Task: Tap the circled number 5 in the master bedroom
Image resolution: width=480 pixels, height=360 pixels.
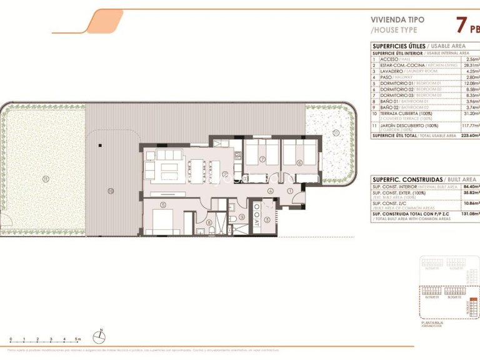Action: [162, 204]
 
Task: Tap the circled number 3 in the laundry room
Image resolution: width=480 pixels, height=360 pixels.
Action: [267, 219]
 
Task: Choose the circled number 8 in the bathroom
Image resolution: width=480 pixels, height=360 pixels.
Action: [209, 222]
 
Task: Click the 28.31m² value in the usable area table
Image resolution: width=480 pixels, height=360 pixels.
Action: [470, 65]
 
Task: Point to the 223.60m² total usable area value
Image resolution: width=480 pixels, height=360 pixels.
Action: [469, 135]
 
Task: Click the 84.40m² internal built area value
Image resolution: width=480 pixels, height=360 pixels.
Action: [470, 186]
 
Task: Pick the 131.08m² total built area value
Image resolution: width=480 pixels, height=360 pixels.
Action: [469, 214]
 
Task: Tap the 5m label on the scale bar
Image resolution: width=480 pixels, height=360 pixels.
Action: [77, 339]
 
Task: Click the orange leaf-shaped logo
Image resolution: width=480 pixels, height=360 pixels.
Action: [101, 21]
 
